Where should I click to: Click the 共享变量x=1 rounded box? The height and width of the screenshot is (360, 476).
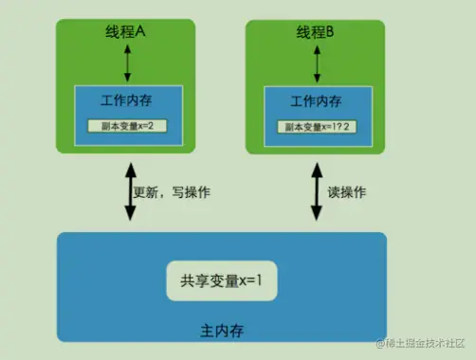[220, 280]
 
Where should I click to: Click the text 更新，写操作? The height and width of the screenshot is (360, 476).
[172, 193]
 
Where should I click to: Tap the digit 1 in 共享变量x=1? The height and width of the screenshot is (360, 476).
[258, 280]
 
